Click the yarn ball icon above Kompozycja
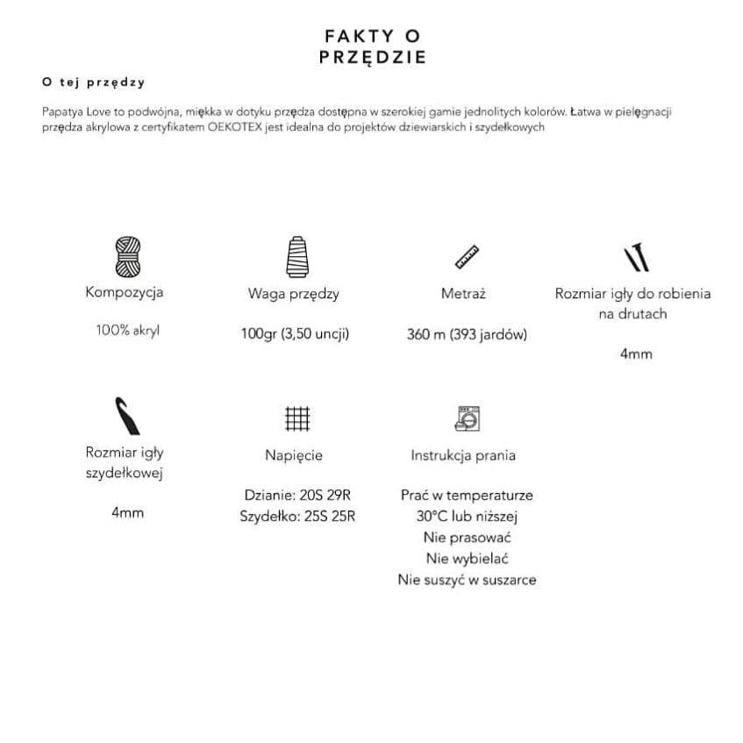(x=127, y=256)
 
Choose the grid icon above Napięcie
(x=297, y=418)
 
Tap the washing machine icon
(x=468, y=418)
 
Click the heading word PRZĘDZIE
(x=372, y=58)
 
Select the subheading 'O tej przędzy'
(x=93, y=82)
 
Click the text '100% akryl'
(x=127, y=331)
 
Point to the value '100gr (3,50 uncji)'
(x=295, y=333)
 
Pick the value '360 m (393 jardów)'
(x=467, y=334)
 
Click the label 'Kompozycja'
(x=125, y=292)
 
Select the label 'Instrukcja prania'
(x=463, y=455)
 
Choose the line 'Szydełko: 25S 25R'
(x=297, y=516)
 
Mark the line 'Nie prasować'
(x=467, y=537)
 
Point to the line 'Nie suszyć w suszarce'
(x=467, y=579)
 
